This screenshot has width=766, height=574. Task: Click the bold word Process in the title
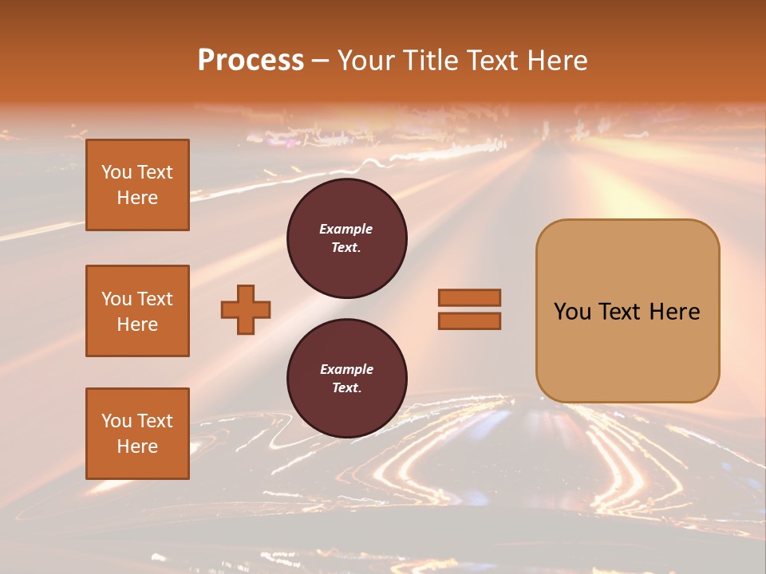coord(251,61)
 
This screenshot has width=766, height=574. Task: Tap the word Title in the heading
coord(428,61)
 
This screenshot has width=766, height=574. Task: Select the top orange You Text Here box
coord(137,185)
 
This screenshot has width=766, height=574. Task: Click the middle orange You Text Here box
coord(137,311)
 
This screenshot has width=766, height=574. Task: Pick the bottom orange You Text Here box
coord(137,434)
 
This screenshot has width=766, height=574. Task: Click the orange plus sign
coord(246,309)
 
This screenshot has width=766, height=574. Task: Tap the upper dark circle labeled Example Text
coord(346,238)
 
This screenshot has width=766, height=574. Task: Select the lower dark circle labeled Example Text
coord(346,379)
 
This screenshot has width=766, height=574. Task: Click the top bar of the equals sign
coord(469,297)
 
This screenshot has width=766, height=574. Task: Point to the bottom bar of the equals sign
coord(469,320)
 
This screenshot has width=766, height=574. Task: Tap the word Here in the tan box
coord(674,312)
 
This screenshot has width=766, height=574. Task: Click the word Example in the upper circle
coord(346,229)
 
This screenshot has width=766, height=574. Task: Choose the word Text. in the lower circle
coord(346,388)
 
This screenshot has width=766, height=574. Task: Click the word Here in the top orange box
coord(137,198)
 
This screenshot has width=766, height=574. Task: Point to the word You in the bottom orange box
coord(116,421)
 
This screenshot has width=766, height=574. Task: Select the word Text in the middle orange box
coord(155,299)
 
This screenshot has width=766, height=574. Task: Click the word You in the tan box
coord(572,312)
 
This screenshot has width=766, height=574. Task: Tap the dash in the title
coord(321,61)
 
